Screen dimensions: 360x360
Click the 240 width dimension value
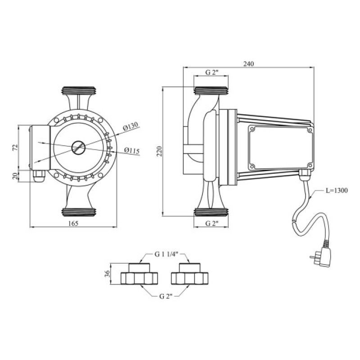coord(248,63)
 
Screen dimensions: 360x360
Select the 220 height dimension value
coord(159,151)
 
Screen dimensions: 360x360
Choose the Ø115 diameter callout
coord(131,150)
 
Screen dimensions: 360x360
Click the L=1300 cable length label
coord(337,191)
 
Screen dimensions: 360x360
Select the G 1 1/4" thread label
coord(166,255)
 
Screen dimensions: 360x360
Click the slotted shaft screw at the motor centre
coord(78,147)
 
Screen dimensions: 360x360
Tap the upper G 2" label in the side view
coord(211,72)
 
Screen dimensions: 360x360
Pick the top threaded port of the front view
coord(78,90)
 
